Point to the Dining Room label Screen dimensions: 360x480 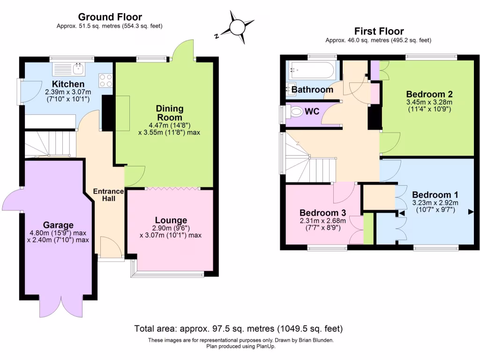pos(169,113)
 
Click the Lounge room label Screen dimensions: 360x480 pos(171,220)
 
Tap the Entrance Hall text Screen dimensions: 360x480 pos(108,195)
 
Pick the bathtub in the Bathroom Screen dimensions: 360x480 pos(312,72)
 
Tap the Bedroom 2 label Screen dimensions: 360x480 pos(429,93)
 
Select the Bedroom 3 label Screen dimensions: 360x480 pos(323,212)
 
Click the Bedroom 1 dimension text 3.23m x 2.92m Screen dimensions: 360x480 pos(435,203)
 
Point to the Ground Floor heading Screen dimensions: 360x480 pos(110,17)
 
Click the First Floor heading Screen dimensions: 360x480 pos(379,31)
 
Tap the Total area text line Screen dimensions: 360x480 pos(239,328)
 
